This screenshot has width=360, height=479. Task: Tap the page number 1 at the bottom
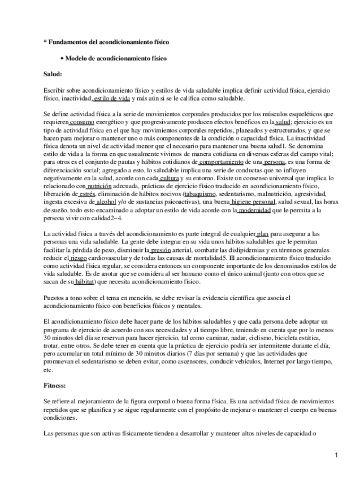tap(336, 455)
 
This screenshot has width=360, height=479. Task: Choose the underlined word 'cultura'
tap(170, 178)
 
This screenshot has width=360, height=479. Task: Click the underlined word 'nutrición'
tap(99, 186)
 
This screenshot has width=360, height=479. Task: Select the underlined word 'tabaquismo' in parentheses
tap(199, 194)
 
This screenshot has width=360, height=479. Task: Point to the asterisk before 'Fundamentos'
tap(45, 42)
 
